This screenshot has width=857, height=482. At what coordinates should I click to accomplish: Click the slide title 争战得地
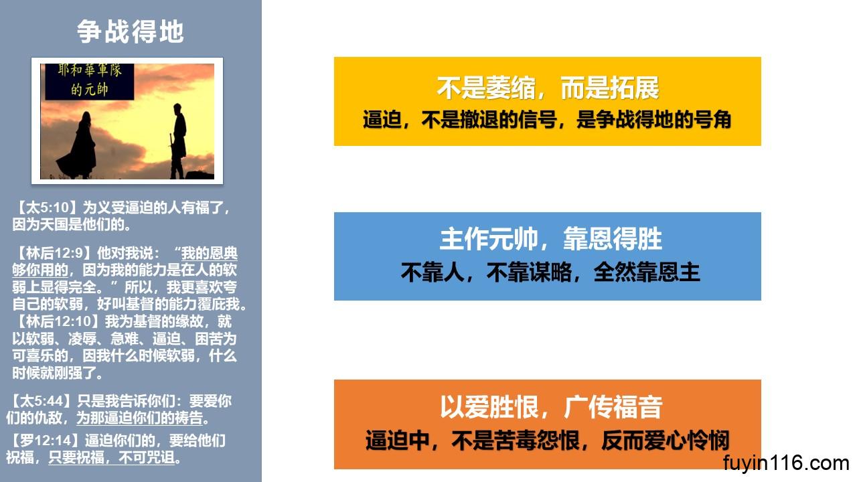click(131, 31)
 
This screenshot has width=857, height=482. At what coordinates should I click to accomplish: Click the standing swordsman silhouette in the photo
click(178, 141)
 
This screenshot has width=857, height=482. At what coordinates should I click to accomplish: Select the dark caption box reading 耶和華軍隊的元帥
click(90, 82)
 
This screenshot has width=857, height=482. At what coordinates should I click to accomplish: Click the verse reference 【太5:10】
click(47, 208)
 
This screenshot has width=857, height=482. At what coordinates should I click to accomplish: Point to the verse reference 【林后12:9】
click(54, 253)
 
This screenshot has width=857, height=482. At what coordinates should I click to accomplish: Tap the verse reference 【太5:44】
click(41, 401)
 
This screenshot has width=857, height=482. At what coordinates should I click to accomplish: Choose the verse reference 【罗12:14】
click(44, 440)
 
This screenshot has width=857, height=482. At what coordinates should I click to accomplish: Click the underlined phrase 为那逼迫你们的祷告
click(139, 418)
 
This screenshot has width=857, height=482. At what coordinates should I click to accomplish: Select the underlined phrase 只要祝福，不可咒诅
click(111, 457)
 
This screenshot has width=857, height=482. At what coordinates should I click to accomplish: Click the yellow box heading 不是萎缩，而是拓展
click(548, 88)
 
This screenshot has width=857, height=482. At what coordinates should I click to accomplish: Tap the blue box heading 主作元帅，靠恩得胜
click(550, 239)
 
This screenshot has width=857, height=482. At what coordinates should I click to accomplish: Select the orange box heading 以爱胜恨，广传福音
click(551, 407)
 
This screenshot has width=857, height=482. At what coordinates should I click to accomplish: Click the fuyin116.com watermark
click(786, 463)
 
